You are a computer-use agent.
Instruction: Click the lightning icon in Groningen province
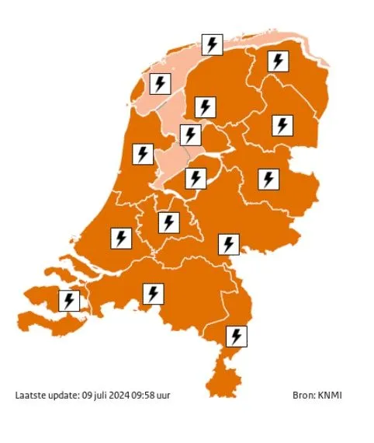[279, 61]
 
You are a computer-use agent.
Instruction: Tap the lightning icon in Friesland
[205, 107]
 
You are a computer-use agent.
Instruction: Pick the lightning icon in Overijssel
[268, 180]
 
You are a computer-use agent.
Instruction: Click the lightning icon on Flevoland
[196, 178]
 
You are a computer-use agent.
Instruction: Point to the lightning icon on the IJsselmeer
[190, 135]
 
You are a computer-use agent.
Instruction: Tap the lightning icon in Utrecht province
[168, 223]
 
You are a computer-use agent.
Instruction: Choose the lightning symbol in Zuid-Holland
[121, 237]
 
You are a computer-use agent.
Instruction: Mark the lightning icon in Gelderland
[228, 243]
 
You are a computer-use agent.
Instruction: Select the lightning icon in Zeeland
[70, 299]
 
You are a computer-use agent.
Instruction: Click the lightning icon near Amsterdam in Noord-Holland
[142, 154]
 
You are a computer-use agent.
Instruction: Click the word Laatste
[30, 396]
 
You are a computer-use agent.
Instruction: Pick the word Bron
[304, 396]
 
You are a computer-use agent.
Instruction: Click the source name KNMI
[330, 396]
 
